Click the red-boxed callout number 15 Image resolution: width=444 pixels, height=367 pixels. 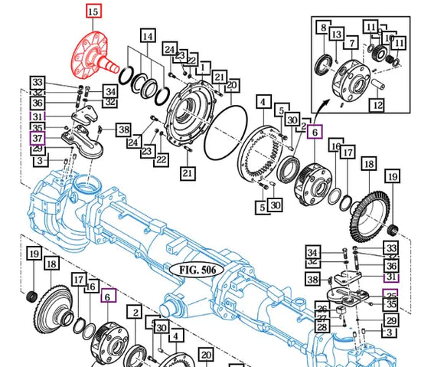point(93,11)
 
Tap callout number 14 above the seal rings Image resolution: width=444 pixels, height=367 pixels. point(147,36)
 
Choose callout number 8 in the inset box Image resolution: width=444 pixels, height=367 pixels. point(324,28)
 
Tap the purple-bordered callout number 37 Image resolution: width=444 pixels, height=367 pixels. point(36,137)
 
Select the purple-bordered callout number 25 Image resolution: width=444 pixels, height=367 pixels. point(391,295)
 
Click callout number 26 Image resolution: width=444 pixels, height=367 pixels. point(322,308)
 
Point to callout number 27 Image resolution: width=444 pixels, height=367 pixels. point(322,318)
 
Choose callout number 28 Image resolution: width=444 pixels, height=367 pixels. point(322,328)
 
